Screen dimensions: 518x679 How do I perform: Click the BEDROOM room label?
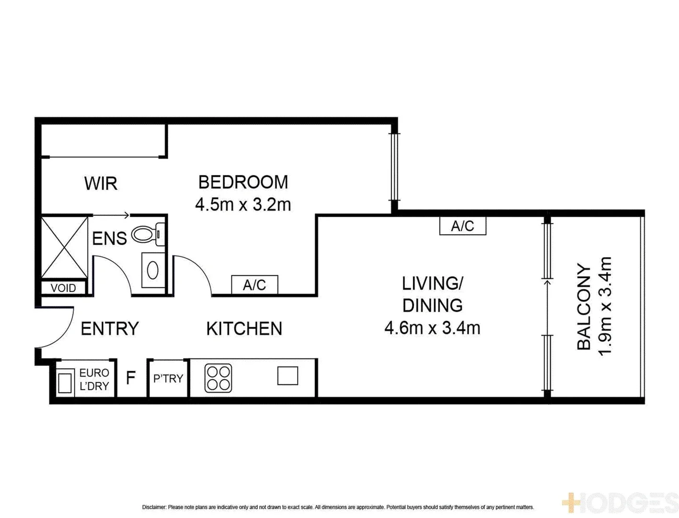pos(243,182)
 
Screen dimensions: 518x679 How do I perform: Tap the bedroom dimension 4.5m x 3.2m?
pos(243,205)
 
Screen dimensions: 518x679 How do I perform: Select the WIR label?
pos(101,183)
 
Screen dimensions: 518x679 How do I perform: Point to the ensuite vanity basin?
pos(153,270)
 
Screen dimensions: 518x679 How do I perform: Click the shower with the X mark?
pos(64,247)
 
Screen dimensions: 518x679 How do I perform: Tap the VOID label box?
pos(63,288)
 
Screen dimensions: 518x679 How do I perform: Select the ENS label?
pos(109,238)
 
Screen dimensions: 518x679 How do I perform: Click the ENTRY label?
pos(110,329)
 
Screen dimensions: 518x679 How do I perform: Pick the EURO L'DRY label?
pos(94,379)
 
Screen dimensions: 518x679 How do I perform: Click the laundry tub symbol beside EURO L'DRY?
pos(65,382)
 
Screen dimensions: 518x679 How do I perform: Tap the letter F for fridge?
pos(130,378)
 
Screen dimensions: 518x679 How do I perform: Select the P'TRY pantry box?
pos(168,378)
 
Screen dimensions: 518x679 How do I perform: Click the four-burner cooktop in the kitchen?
pos(219,378)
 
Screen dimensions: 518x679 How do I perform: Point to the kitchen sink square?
pos(288,376)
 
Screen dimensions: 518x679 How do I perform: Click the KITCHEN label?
pos(244,329)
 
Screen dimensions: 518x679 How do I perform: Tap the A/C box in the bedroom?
pos(254,285)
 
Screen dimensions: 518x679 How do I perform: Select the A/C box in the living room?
pos(462,226)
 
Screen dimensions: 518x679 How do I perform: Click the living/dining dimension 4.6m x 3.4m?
pos(432,328)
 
